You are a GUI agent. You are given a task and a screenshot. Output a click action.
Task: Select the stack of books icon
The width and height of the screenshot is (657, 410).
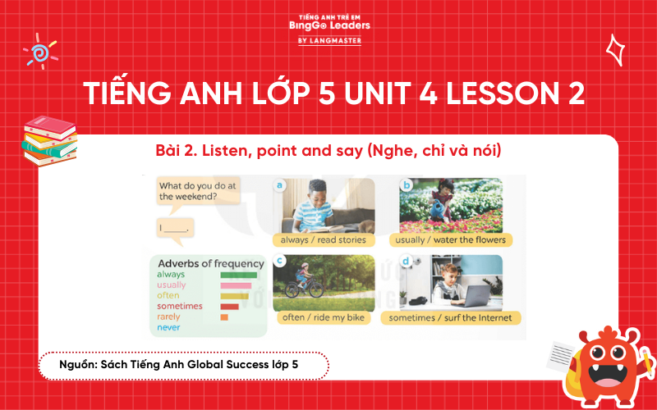pyautogui.click(x=48, y=139)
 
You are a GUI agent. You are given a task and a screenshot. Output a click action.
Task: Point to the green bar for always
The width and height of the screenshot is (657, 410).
pyautogui.click(x=239, y=276)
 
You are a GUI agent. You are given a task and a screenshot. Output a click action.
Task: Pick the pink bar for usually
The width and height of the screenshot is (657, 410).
pyautogui.click(x=236, y=285)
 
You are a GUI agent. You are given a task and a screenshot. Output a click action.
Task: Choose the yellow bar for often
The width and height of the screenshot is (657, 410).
pyautogui.click(x=234, y=296)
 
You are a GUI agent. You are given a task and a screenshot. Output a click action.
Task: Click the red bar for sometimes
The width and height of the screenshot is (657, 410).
pyautogui.click(x=229, y=306)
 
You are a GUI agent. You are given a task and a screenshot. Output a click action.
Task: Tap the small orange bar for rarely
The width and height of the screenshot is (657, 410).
pyautogui.click(x=224, y=317)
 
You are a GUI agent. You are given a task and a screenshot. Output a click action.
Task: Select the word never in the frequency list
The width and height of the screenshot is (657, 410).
pyautogui.click(x=168, y=327)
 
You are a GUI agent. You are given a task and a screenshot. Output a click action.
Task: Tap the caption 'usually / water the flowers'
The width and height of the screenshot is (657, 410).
pyautogui.click(x=451, y=240)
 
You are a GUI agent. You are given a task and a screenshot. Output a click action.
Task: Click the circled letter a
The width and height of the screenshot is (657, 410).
pyautogui.click(x=280, y=186)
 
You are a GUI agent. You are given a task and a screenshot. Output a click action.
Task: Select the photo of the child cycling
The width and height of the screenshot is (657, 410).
pyautogui.click(x=324, y=279)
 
